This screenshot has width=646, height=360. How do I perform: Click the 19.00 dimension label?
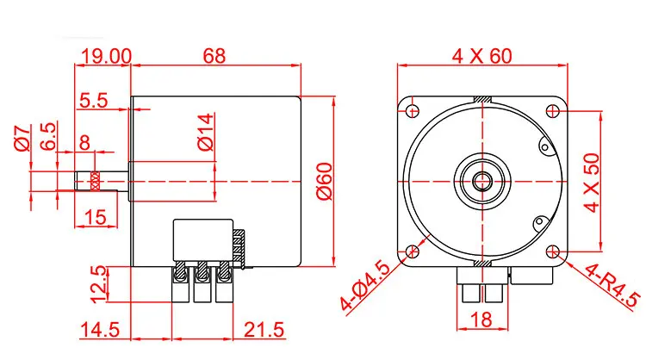pos(106,57)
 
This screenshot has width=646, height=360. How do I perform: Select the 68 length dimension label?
pos(214,56)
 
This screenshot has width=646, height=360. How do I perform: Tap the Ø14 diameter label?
pos(206,132)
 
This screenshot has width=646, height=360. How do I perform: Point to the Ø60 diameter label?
pos(325,181)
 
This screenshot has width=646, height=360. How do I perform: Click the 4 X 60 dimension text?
pos(482,56)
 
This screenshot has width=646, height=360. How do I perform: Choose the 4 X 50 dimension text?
pos(592,183)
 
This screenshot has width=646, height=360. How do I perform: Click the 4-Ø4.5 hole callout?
pos(365,285)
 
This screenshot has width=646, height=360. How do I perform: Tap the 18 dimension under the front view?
pos(481,320)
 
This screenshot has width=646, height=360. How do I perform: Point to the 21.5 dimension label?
pos(264,330)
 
